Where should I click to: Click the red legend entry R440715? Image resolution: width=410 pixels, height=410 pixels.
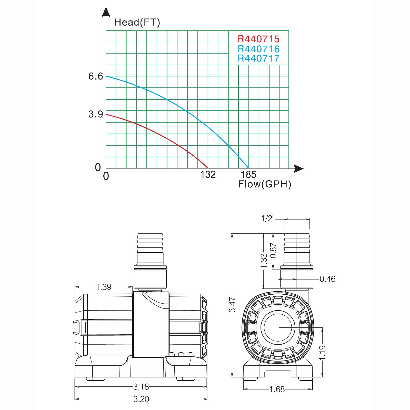258,39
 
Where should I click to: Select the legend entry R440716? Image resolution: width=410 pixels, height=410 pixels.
258,49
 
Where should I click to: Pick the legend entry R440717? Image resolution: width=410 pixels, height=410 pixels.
258,58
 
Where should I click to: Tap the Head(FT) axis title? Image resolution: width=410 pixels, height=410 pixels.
137,22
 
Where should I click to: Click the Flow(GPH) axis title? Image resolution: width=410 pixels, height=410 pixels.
265,184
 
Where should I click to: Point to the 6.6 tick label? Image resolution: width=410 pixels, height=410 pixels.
96,76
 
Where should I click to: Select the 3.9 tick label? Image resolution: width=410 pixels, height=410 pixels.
96,114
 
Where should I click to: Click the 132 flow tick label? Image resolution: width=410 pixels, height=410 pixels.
208,175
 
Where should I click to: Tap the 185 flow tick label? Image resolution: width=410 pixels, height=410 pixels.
248,175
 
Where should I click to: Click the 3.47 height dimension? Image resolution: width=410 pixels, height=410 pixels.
232,304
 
